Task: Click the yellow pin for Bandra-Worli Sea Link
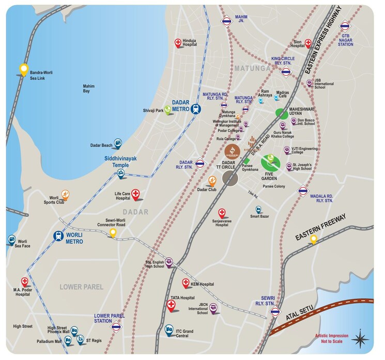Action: pyautogui.click(x=23, y=69)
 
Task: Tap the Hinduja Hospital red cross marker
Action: pyautogui.click(x=178, y=43)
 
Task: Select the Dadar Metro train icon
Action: pyautogui.click(x=195, y=108)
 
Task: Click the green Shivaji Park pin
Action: pyautogui.click(x=168, y=109)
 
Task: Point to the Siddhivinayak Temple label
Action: pyautogui.click(x=120, y=161)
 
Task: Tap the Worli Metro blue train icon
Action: pyautogui.click(x=59, y=236)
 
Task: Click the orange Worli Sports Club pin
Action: pyautogui.click(x=65, y=195)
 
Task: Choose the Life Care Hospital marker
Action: pyautogui.click(x=136, y=194)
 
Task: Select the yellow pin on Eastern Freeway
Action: pyautogui.click(x=313, y=239)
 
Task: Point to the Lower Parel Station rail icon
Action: pyautogui.click(x=116, y=326)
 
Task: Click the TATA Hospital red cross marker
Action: pyautogui.click(x=172, y=306)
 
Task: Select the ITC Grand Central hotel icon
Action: pyautogui.click(x=169, y=329)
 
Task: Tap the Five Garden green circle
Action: pyautogui.click(x=270, y=163)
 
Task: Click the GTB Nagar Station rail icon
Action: pyautogui.click(x=345, y=25)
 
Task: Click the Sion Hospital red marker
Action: pyautogui.click(x=309, y=43)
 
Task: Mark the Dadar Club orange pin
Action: pyautogui.click(x=212, y=180)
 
